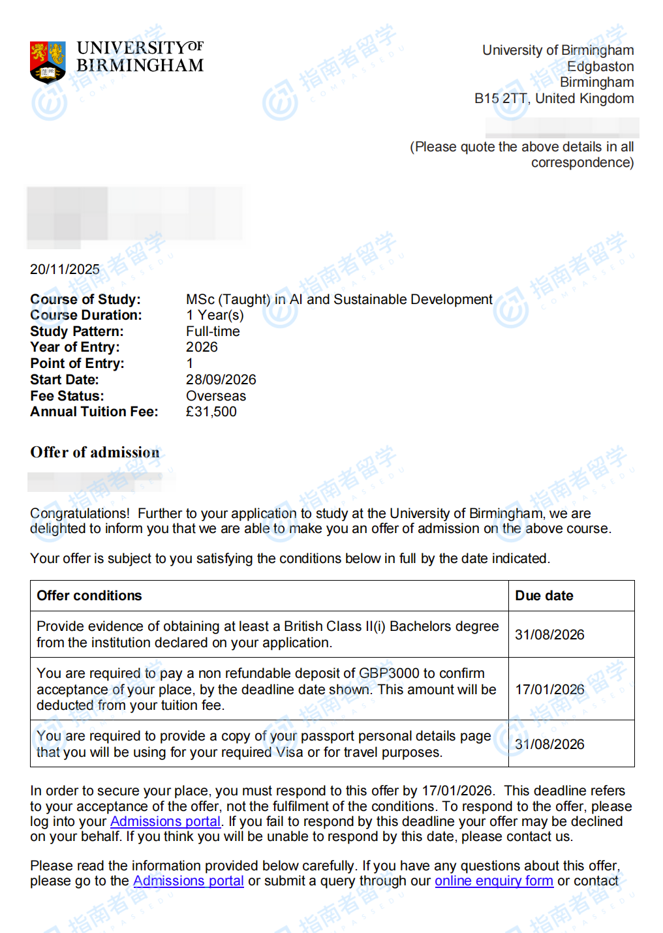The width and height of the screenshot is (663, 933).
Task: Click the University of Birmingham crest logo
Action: (48, 62)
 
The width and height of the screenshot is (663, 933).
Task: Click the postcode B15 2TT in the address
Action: (501, 99)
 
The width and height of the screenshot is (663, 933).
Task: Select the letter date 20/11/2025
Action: (65, 269)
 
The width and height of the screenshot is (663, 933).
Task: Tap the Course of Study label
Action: (85, 299)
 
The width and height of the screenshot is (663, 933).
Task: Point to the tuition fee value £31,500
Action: (211, 412)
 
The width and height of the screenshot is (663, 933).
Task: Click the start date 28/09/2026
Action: (221, 380)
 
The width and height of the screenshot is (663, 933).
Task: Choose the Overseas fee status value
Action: (216, 396)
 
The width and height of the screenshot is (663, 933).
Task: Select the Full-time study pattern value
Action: (213, 331)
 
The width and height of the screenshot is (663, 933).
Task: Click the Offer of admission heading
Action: (95, 452)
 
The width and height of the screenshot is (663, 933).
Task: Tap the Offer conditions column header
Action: (89, 596)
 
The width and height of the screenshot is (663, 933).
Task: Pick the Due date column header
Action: (544, 596)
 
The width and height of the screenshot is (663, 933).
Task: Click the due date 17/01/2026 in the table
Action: (549, 690)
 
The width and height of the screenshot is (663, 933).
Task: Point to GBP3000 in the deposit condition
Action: (389, 673)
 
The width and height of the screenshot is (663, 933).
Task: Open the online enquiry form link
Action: (494, 881)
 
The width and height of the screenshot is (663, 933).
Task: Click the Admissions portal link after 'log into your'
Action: (165, 821)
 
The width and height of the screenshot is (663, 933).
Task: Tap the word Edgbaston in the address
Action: (600, 67)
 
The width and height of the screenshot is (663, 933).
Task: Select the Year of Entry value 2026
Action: (202, 347)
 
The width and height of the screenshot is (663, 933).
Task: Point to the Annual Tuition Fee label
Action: (94, 412)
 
